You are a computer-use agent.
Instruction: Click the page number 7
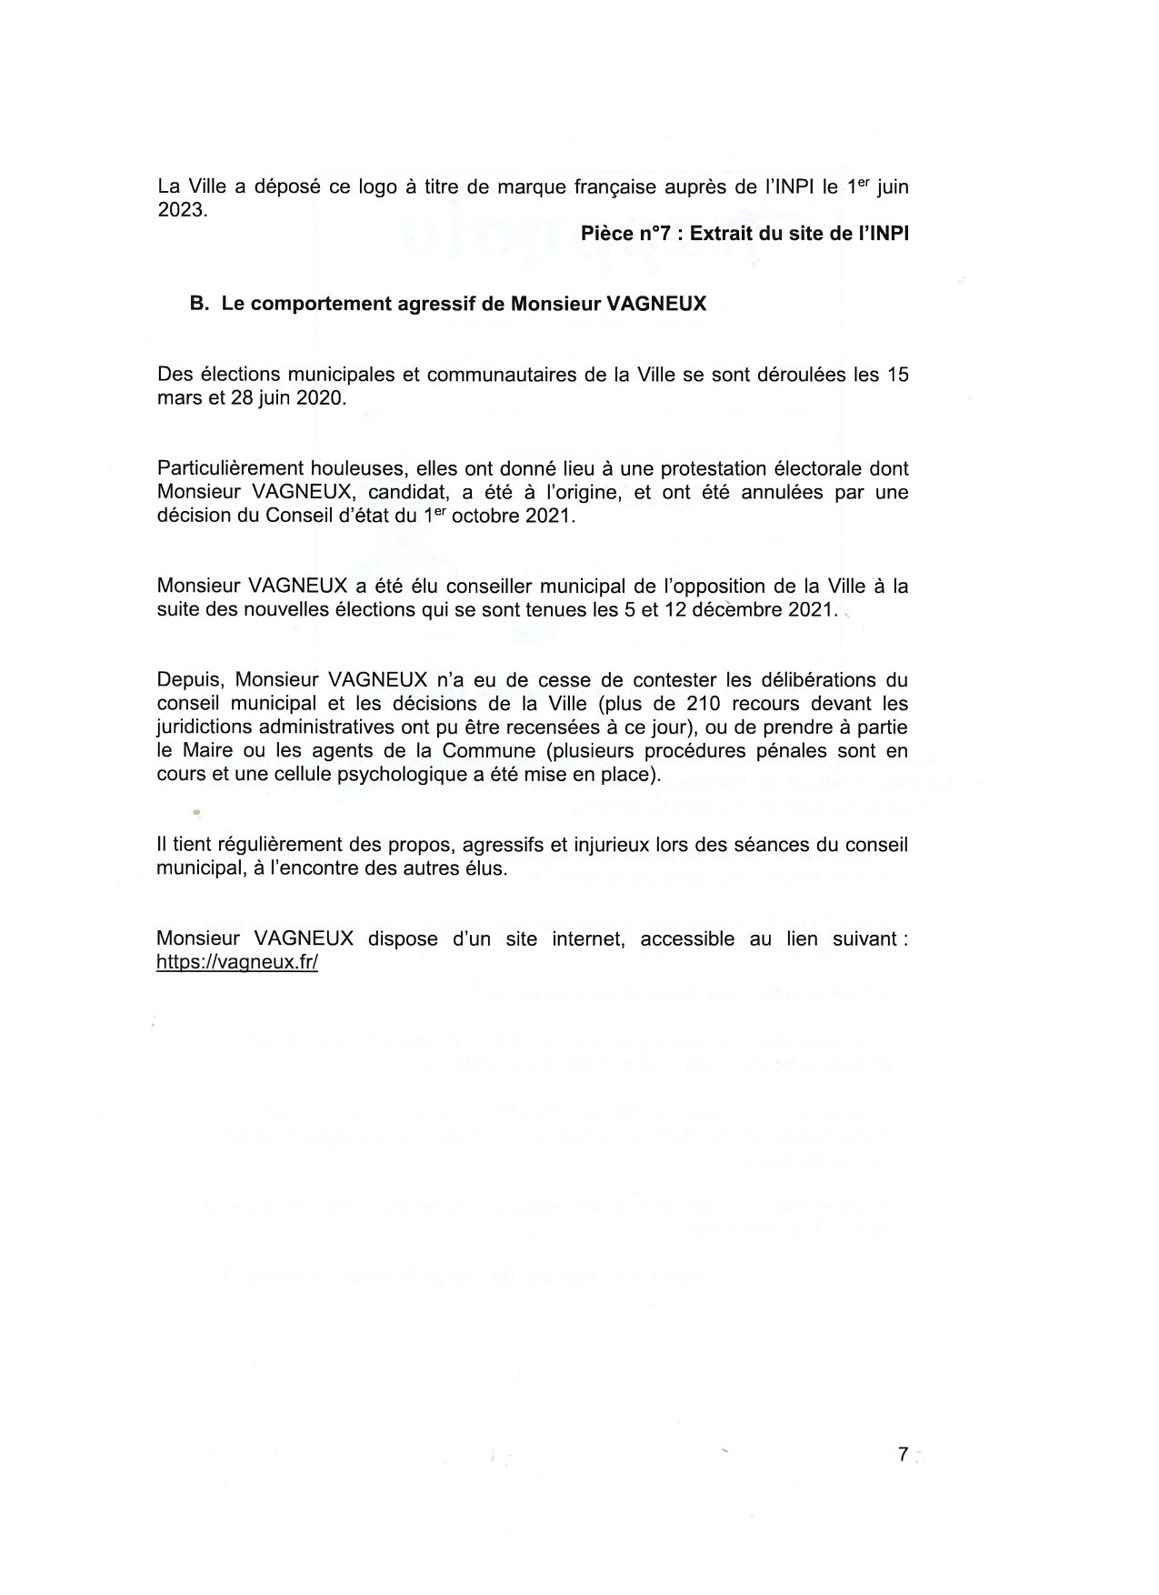point(903,1454)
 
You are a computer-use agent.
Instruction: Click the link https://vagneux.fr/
point(237,963)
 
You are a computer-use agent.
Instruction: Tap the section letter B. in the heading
point(200,304)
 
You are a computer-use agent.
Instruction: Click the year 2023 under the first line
point(182,210)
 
